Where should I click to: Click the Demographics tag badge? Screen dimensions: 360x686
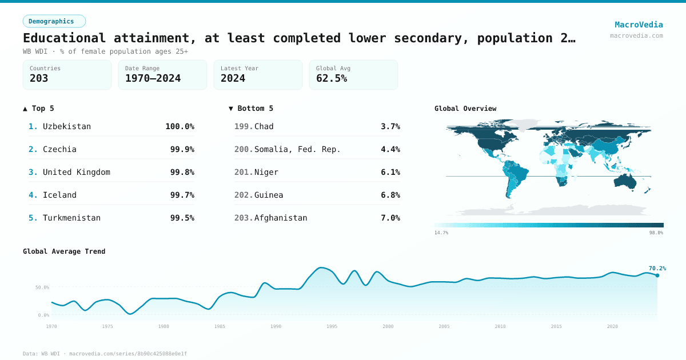tap(54, 21)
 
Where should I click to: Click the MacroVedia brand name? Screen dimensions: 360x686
tap(639, 25)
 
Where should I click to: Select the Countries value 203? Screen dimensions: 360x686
tap(39, 78)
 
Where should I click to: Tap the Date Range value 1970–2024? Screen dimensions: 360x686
tap(153, 78)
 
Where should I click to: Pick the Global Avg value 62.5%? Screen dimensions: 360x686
tap(332, 78)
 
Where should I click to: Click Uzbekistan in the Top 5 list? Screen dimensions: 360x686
tap(66, 126)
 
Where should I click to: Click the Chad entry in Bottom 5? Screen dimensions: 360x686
tap(264, 126)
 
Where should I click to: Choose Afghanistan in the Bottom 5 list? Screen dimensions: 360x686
tap(280, 218)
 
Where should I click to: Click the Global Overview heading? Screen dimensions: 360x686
tap(465, 109)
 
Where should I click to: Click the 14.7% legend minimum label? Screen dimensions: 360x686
tap(441, 233)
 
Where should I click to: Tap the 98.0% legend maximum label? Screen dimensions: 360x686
tap(656, 233)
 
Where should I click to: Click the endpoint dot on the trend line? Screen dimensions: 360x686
tap(657, 275)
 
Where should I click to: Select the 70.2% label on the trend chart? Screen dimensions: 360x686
tap(657, 268)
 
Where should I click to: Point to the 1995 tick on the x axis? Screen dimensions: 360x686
tap(332, 326)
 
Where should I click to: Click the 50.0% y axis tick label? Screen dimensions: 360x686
tap(42, 287)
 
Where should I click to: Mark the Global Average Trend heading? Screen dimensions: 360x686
tap(64, 251)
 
